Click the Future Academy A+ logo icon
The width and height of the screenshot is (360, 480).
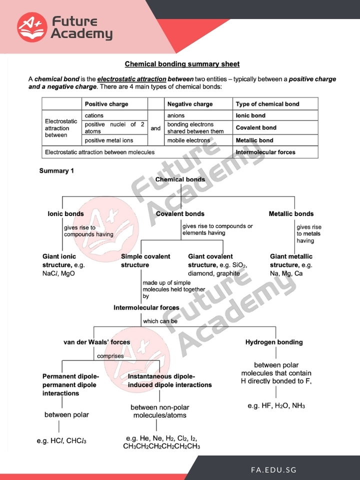point(32,27)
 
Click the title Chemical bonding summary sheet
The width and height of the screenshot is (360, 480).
point(182,64)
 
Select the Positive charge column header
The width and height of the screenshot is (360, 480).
point(106,104)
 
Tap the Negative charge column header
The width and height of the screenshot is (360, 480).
point(190,104)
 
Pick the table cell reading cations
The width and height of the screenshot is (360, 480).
point(94,115)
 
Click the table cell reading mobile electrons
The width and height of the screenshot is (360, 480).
point(189,140)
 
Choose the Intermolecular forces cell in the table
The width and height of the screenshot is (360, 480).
point(265,152)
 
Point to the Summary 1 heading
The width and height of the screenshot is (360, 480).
point(56,171)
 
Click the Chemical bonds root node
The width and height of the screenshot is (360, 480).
point(180,179)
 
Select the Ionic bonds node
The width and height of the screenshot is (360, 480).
point(65,213)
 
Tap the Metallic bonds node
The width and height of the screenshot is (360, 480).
point(291,213)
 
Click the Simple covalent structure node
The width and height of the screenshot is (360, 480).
point(145,260)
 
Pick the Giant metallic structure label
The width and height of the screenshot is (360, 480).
point(291,260)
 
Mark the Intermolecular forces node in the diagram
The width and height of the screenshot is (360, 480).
point(146,308)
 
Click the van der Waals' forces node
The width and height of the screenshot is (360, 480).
point(96,342)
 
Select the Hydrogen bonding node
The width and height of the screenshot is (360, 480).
point(274,342)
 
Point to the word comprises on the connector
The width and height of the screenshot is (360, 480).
point(110,356)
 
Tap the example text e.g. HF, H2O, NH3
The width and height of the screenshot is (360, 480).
point(276,405)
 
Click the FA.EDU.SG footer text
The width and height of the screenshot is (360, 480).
point(273,470)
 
